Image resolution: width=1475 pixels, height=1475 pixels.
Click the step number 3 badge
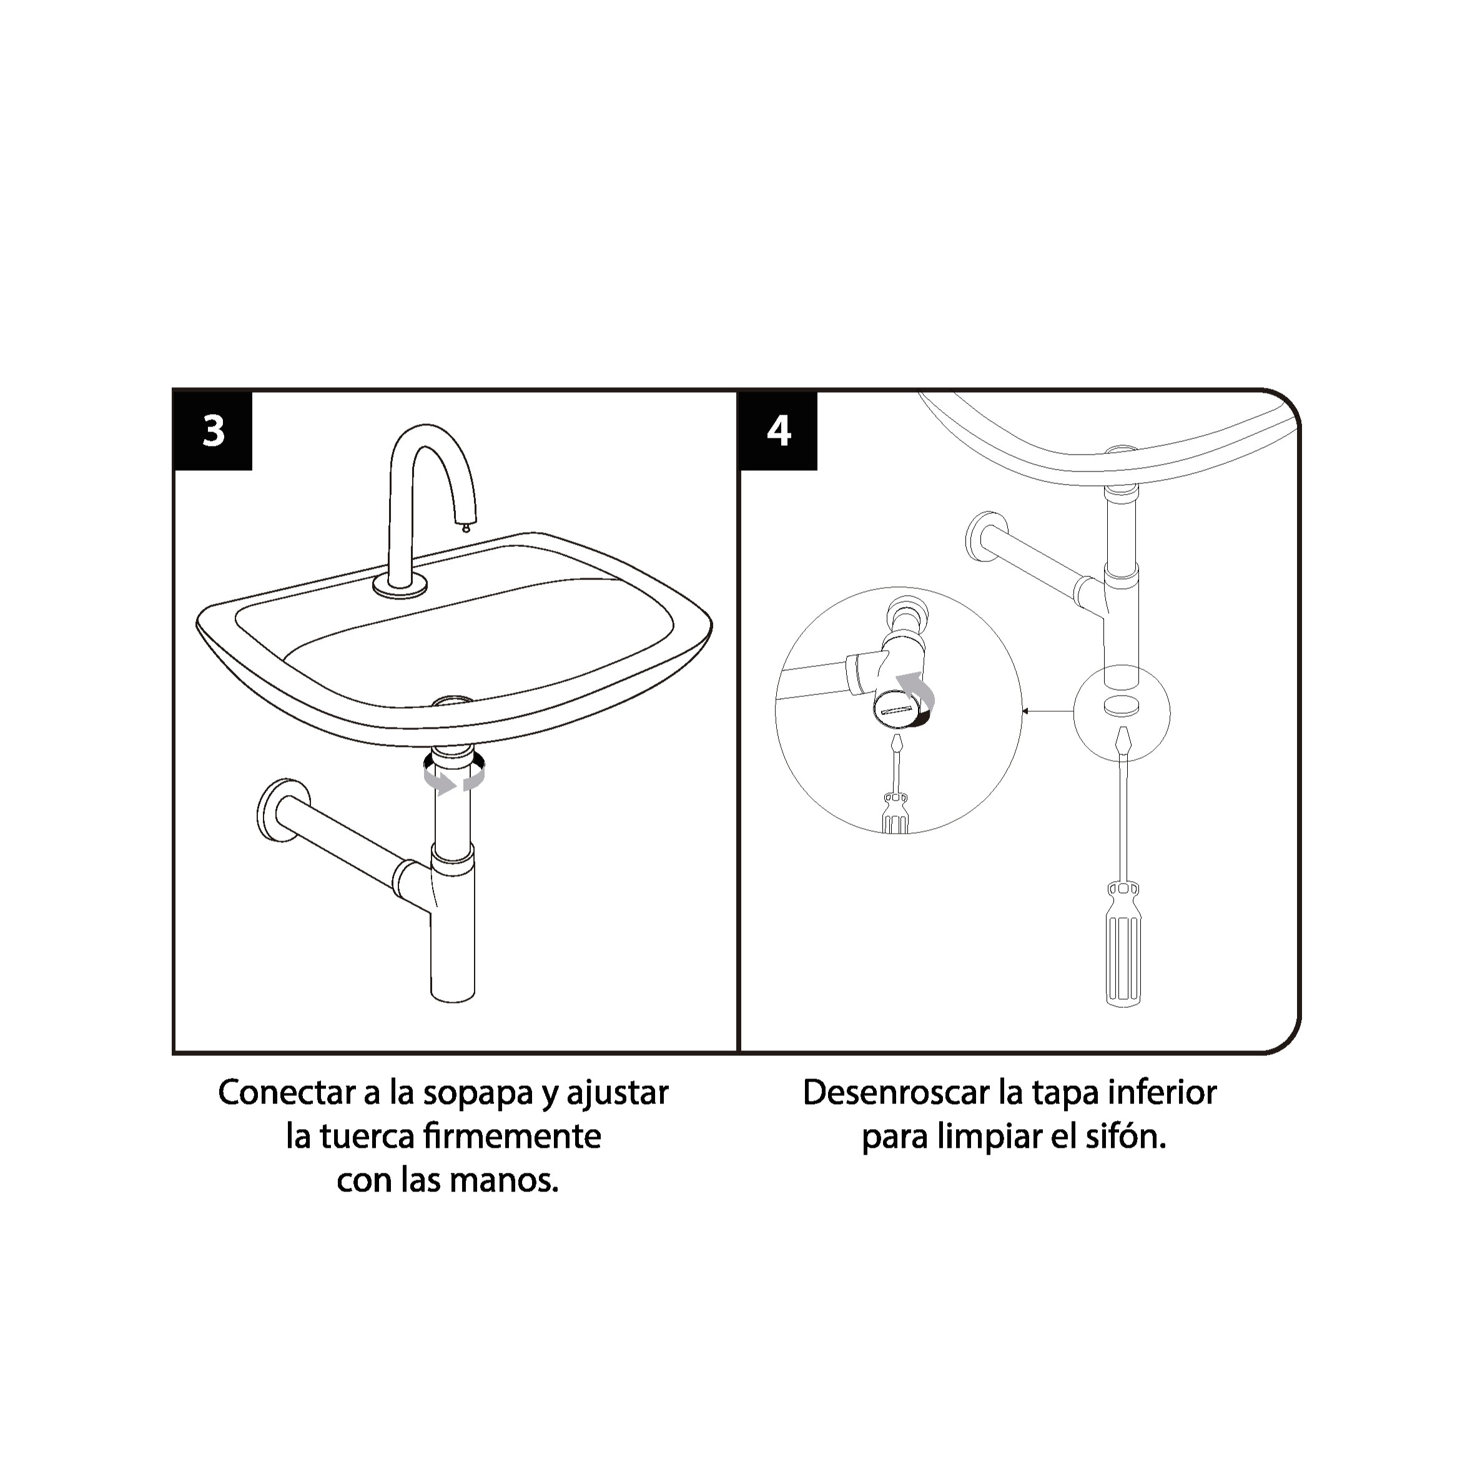coord(214,432)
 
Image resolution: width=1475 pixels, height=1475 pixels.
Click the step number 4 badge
coord(779,432)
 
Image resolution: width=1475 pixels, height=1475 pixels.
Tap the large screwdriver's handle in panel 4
coord(1123,944)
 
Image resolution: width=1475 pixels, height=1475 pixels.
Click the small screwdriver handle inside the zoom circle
coord(895,813)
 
